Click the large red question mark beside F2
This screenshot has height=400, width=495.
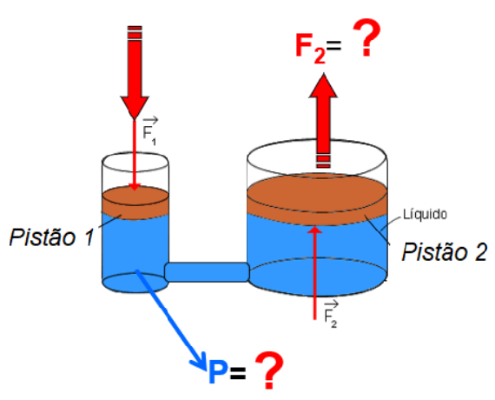pyautogui.click(x=366, y=38)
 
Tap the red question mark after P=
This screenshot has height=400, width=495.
pyautogui.click(x=269, y=370)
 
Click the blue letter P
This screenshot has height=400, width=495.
pyautogui.click(x=218, y=372)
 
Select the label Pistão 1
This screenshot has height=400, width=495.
pyautogui.click(x=52, y=237)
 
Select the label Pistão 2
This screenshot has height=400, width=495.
pyautogui.click(x=444, y=251)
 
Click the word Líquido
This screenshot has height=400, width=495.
pyautogui.click(x=425, y=214)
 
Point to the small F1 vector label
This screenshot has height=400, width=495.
pyautogui.click(x=149, y=131)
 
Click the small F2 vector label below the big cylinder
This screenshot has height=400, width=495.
pyautogui.click(x=331, y=315)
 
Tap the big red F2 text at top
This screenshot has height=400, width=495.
pyautogui.click(x=311, y=48)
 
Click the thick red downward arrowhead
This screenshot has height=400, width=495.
pyautogui.click(x=134, y=107)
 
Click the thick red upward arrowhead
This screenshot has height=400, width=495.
pyautogui.click(x=323, y=85)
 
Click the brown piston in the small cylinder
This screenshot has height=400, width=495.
pyautogui.click(x=135, y=203)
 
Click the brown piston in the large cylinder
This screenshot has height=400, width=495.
pyautogui.click(x=317, y=198)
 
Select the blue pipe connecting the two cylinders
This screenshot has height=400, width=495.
pyautogui.click(x=208, y=271)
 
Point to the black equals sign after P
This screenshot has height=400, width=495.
pyautogui.click(x=238, y=373)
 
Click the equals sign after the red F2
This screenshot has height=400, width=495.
pyautogui.click(x=333, y=46)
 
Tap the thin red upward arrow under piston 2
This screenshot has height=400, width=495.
pyautogui.click(x=314, y=272)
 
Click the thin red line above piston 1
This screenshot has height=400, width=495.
pyautogui.click(x=135, y=155)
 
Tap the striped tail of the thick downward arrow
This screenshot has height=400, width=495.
pyautogui.click(x=135, y=32)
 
